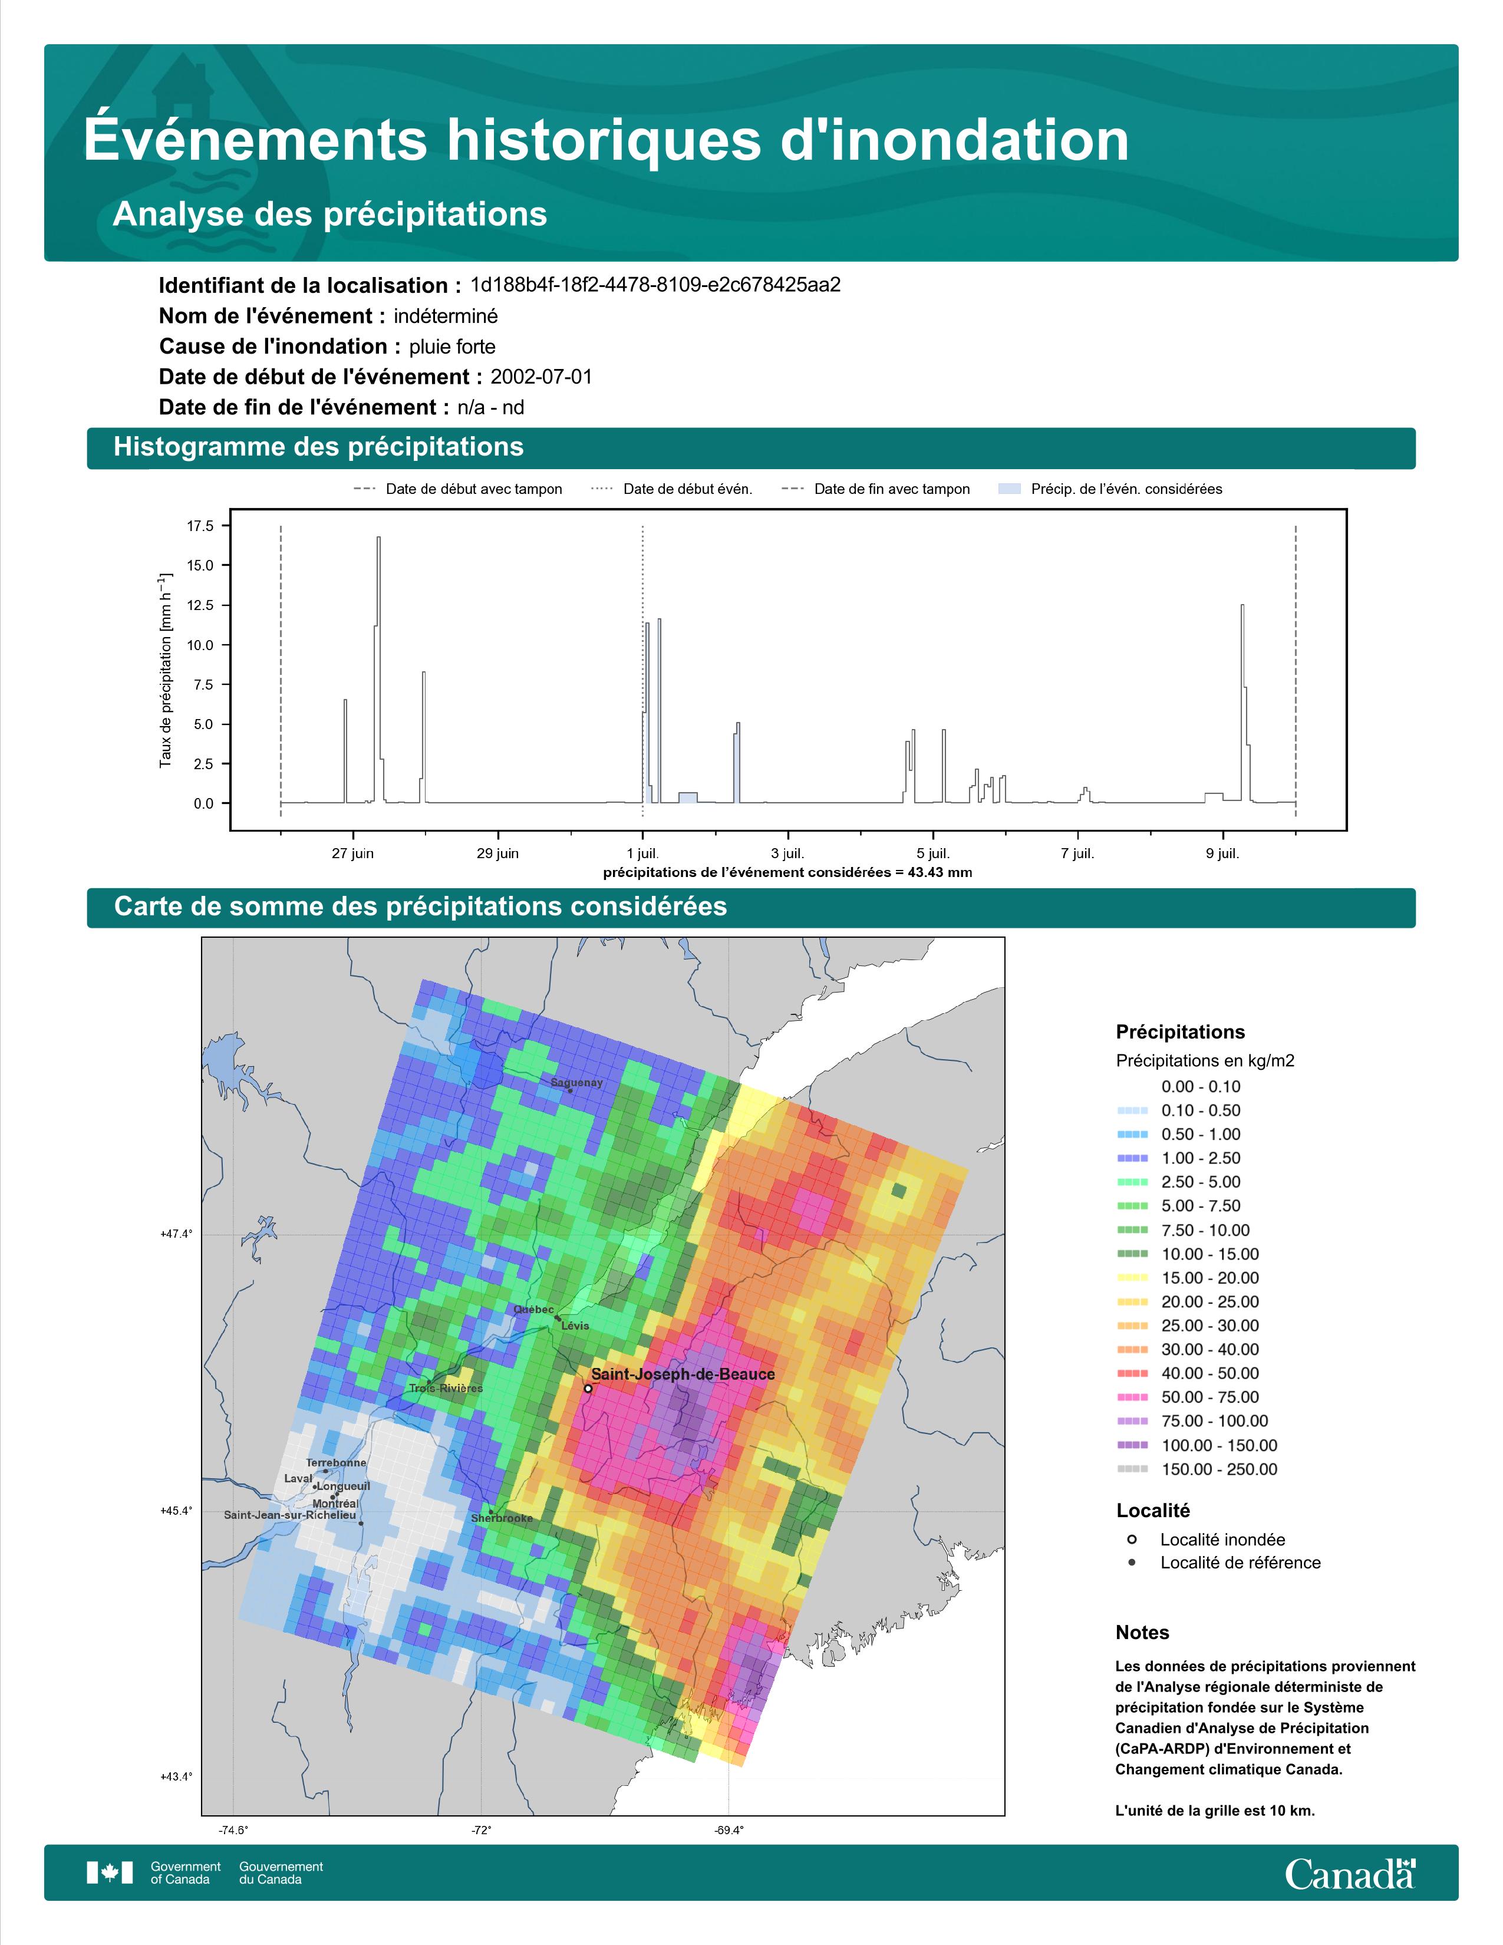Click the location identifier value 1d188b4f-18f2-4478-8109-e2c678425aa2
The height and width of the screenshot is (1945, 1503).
655,285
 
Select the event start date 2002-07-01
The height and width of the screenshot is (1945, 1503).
541,377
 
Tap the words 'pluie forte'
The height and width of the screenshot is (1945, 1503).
452,347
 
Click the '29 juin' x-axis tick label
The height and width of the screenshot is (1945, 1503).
497,853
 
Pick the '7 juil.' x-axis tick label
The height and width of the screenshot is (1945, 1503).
1077,853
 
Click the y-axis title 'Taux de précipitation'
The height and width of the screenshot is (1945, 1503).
166,671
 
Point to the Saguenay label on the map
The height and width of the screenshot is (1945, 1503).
576,1083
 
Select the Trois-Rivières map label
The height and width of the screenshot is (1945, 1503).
446,1389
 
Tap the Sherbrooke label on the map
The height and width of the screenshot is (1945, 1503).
502,1518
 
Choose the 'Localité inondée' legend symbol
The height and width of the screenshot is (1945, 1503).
1132,1539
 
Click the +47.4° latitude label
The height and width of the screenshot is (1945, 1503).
176,1234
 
